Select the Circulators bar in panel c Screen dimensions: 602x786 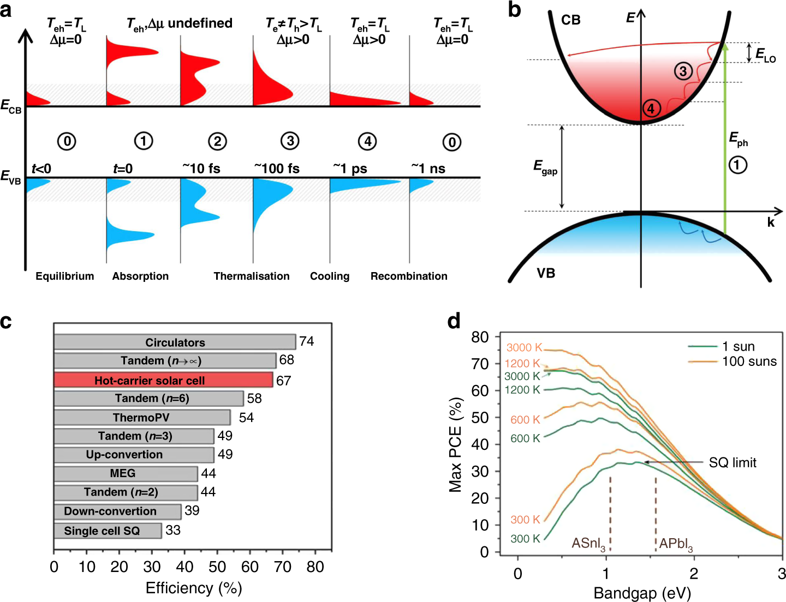coord(175,342)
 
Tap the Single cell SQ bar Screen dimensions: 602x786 coord(108,531)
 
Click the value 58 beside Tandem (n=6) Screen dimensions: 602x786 coord(254,399)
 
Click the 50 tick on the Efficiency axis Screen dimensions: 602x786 coord(217,567)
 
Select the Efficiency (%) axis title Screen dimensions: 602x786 coord(194,588)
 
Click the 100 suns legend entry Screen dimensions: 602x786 coord(749,362)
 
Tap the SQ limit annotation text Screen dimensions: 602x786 coord(733,462)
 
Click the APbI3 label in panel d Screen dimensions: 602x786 coord(676,544)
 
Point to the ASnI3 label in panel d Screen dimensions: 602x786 coord(588,544)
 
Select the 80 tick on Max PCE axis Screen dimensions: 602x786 coord(480,337)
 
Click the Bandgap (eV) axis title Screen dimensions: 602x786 coord(642,593)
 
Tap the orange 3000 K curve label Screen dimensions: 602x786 coord(523,347)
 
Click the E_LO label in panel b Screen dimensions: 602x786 coord(765,55)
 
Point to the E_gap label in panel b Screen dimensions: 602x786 coord(545,167)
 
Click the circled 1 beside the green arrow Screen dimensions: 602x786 coord(737,165)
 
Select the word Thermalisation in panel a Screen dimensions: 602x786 coord(252,276)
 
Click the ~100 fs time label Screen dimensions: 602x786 coord(277,168)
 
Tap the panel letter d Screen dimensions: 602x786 coord(454,321)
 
